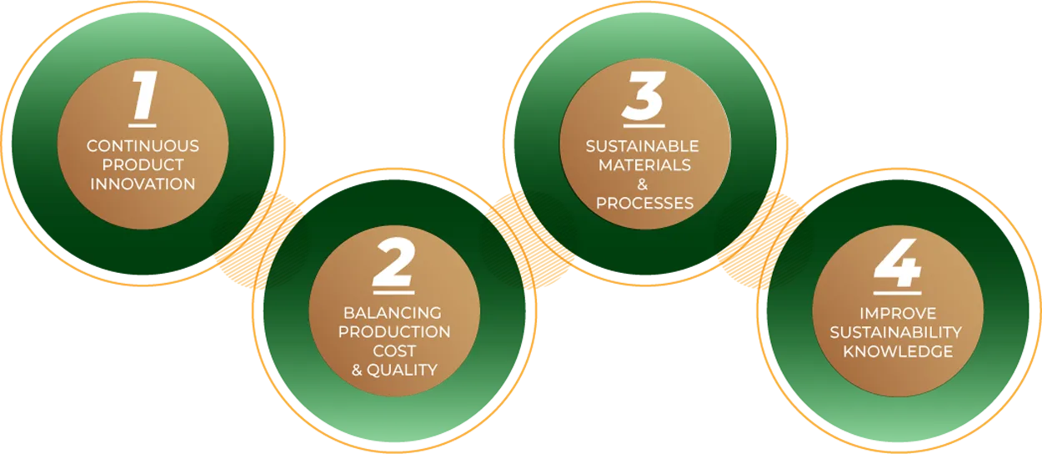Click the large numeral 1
pos(144,95)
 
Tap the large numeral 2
pos(394,262)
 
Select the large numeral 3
pos(644,95)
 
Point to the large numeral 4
pos(897,263)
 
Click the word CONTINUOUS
pos(143,146)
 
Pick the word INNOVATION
pos(143,184)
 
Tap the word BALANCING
pos(393,313)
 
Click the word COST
pos(394,351)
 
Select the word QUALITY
pos(402,371)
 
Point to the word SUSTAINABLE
pos(643,146)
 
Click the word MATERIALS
pos(644,165)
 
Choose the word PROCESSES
pos(644,204)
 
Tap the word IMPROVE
pos(898,313)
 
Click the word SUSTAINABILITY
pos(896,332)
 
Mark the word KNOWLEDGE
pos(899,351)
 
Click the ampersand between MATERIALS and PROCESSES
pos(643,184)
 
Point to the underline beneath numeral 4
pos(897,293)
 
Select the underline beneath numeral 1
pos(143,125)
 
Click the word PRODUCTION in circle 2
pos(394,332)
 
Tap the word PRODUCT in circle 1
pos(143,165)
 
